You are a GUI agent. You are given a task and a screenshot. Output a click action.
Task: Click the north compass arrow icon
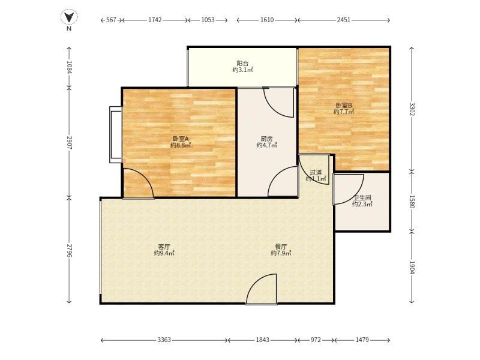[69, 17]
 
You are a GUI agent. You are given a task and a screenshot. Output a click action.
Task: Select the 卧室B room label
[344, 105]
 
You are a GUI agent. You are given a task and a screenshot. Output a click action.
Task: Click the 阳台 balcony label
[242, 63]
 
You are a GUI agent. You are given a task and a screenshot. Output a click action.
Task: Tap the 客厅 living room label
[164, 247]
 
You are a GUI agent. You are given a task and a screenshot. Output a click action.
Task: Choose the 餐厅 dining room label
[281, 247]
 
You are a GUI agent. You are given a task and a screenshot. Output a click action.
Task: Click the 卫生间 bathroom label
[362, 197]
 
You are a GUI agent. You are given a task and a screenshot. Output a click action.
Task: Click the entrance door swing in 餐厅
[263, 290]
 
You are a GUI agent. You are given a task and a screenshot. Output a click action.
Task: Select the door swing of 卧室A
[137, 184]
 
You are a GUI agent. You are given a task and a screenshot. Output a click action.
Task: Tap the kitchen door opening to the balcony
[279, 102]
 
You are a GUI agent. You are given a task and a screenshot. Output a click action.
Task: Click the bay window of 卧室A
[115, 134]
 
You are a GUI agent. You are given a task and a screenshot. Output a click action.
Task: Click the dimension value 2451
[343, 20]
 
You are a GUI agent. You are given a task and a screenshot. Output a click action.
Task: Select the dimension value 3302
[412, 109]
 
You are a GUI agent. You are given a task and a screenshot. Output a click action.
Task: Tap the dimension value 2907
[69, 143]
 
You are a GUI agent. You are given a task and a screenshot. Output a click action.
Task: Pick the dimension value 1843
[263, 340]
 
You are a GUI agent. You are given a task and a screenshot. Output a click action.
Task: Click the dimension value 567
[111, 20]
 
